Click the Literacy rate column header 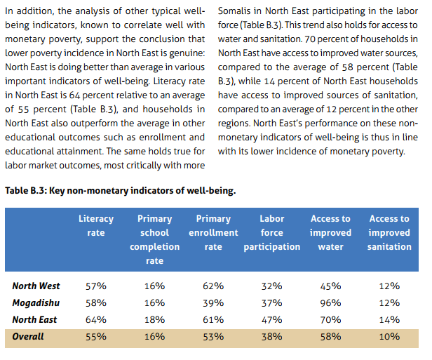click(x=96, y=225)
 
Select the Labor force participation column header click(x=271, y=232)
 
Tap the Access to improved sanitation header click(x=389, y=232)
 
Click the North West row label click(x=36, y=286)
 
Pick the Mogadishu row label click(x=36, y=302)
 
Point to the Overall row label click(x=28, y=336)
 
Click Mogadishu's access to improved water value click(x=330, y=302)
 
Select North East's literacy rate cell click(x=96, y=319)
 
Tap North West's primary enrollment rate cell click(x=213, y=286)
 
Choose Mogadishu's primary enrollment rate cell click(x=213, y=302)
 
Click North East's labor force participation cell click(x=271, y=319)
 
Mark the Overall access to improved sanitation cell click(x=389, y=336)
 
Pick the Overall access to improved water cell click(x=330, y=336)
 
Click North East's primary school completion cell click(x=154, y=319)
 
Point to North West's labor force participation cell click(x=271, y=286)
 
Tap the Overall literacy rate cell click(x=96, y=336)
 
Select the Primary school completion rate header click(x=154, y=239)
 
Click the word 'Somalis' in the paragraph click(x=236, y=13)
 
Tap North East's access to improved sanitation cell click(x=389, y=319)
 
